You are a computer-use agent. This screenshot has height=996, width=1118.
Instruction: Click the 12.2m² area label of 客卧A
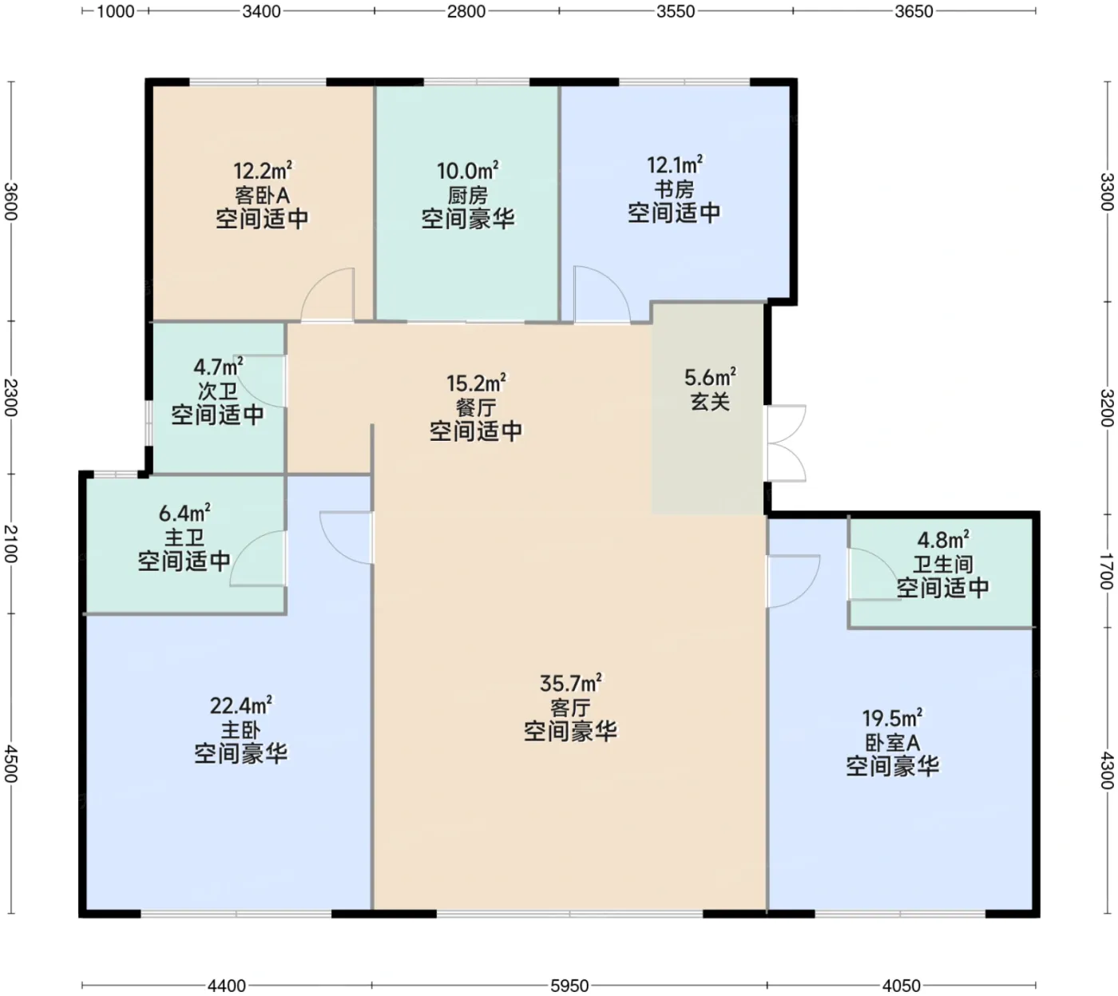coord(263,171)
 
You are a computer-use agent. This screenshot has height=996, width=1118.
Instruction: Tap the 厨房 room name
coord(467,196)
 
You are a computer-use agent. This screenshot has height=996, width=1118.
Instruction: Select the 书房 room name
coord(674,189)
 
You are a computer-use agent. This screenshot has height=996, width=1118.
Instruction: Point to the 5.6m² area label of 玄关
coord(710,377)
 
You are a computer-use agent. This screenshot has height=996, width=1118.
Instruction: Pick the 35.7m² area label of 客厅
coord(571,683)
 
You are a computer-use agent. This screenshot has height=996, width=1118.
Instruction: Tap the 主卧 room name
coord(240,730)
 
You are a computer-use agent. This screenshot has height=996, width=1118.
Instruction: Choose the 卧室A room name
coord(892,743)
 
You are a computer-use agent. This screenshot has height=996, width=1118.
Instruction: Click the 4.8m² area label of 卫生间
coord(943,539)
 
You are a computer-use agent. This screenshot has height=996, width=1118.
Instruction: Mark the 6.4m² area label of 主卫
coord(184,513)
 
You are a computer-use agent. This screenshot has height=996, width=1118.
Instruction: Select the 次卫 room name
coord(217,391)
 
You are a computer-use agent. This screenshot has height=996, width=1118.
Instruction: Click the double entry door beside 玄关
coord(786,443)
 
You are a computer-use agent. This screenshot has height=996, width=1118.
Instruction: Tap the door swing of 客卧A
coord(327,294)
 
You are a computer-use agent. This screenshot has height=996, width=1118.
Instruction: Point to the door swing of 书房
coord(602,294)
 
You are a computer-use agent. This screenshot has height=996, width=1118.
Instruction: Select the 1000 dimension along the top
coord(116,11)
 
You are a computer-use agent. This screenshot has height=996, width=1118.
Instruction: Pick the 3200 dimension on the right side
coord(1107,408)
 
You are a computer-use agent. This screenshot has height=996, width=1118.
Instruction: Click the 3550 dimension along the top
coord(676,11)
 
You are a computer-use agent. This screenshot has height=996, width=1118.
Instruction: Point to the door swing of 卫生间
coord(874,573)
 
